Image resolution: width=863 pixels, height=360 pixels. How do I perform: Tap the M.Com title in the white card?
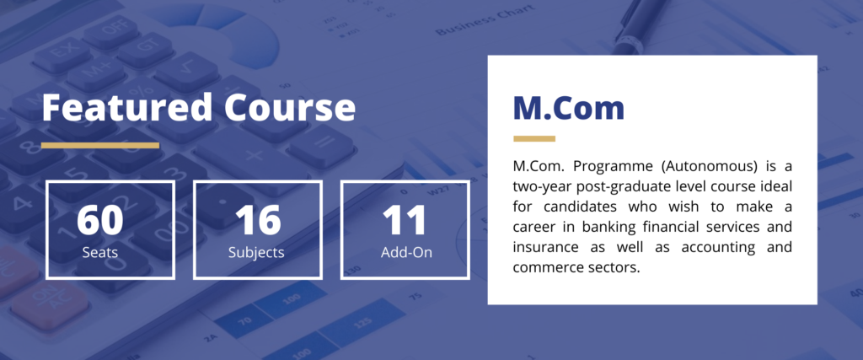[x=569, y=108]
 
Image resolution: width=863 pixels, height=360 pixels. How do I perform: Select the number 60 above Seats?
[x=100, y=219]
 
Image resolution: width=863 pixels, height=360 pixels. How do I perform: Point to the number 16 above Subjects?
[x=257, y=219]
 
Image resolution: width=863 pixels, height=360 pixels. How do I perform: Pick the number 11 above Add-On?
[x=405, y=219]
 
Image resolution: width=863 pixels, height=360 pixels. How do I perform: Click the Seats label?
[x=100, y=251]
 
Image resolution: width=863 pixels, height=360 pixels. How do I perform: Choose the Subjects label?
[x=257, y=251]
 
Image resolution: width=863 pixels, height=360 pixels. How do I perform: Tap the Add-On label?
[x=405, y=251]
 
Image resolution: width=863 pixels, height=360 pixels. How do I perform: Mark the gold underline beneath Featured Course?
[x=100, y=145]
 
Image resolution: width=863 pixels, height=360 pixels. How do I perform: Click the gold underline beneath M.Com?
[x=534, y=138]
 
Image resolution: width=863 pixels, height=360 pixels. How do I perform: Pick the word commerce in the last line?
[x=548, y=268]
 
